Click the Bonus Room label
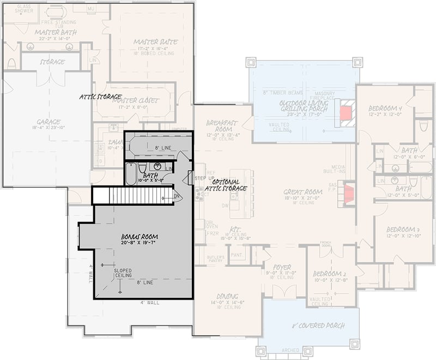coord(140,237)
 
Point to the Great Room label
coord(303,192)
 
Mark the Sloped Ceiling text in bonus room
coord(123,273)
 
